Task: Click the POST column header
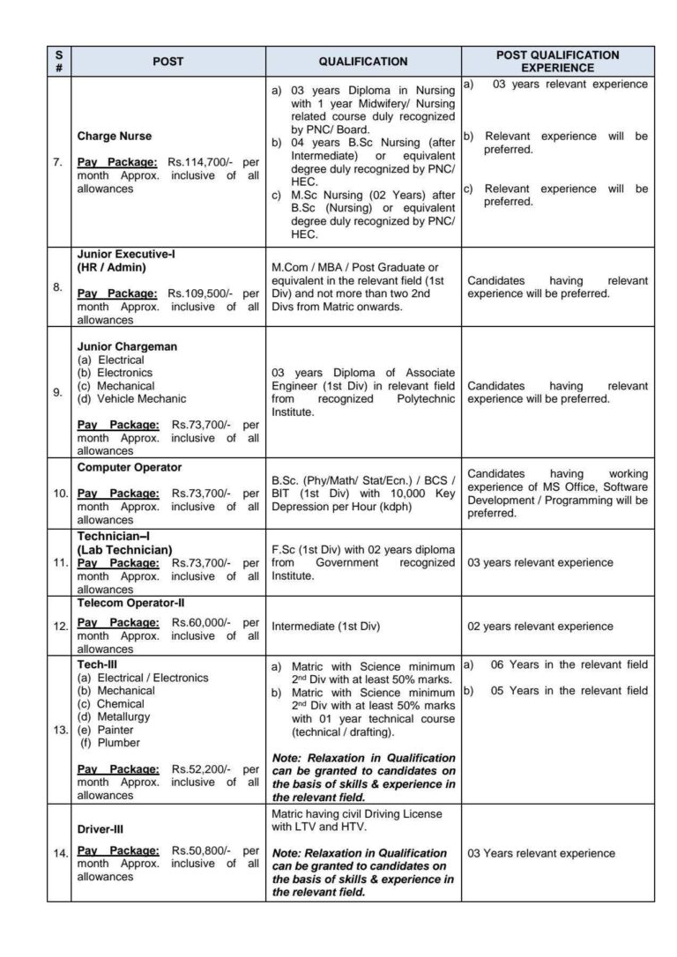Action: click(167, 62)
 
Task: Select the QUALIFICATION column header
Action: click(362, 62)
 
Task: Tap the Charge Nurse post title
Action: click(115, 137)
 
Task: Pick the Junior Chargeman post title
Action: click(127, 346)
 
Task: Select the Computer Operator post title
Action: click(130, 466)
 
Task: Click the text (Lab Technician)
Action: click(124, 549)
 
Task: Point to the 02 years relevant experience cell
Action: click(539, 627)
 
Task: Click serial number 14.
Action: click(60, 853)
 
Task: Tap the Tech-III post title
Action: click(97, 664)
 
